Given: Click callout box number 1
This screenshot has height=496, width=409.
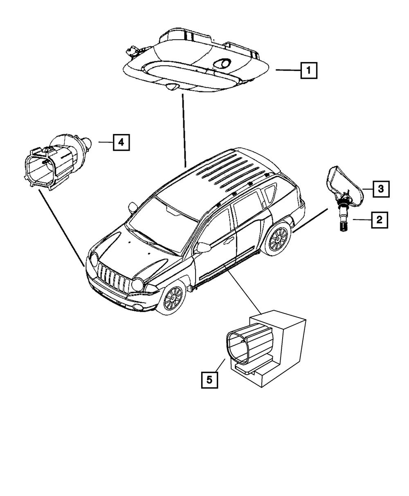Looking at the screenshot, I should [308, 70].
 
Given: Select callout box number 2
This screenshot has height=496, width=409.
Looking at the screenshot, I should [379, 220].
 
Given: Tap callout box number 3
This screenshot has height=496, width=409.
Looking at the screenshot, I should [380, 189].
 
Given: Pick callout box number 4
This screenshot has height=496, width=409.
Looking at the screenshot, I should [121, 142].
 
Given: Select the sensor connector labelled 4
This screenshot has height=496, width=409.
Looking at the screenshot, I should [53, 163].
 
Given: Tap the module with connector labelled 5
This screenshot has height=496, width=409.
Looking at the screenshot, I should [266, 347].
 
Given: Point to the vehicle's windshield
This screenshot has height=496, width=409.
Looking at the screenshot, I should [164, 225].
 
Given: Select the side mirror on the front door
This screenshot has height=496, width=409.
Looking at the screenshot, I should [203, 247].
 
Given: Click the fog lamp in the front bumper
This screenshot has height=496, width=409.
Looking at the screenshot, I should [139, 306].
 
